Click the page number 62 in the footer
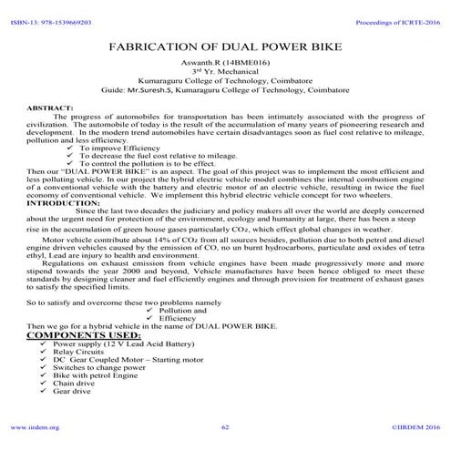coord(225,426)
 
